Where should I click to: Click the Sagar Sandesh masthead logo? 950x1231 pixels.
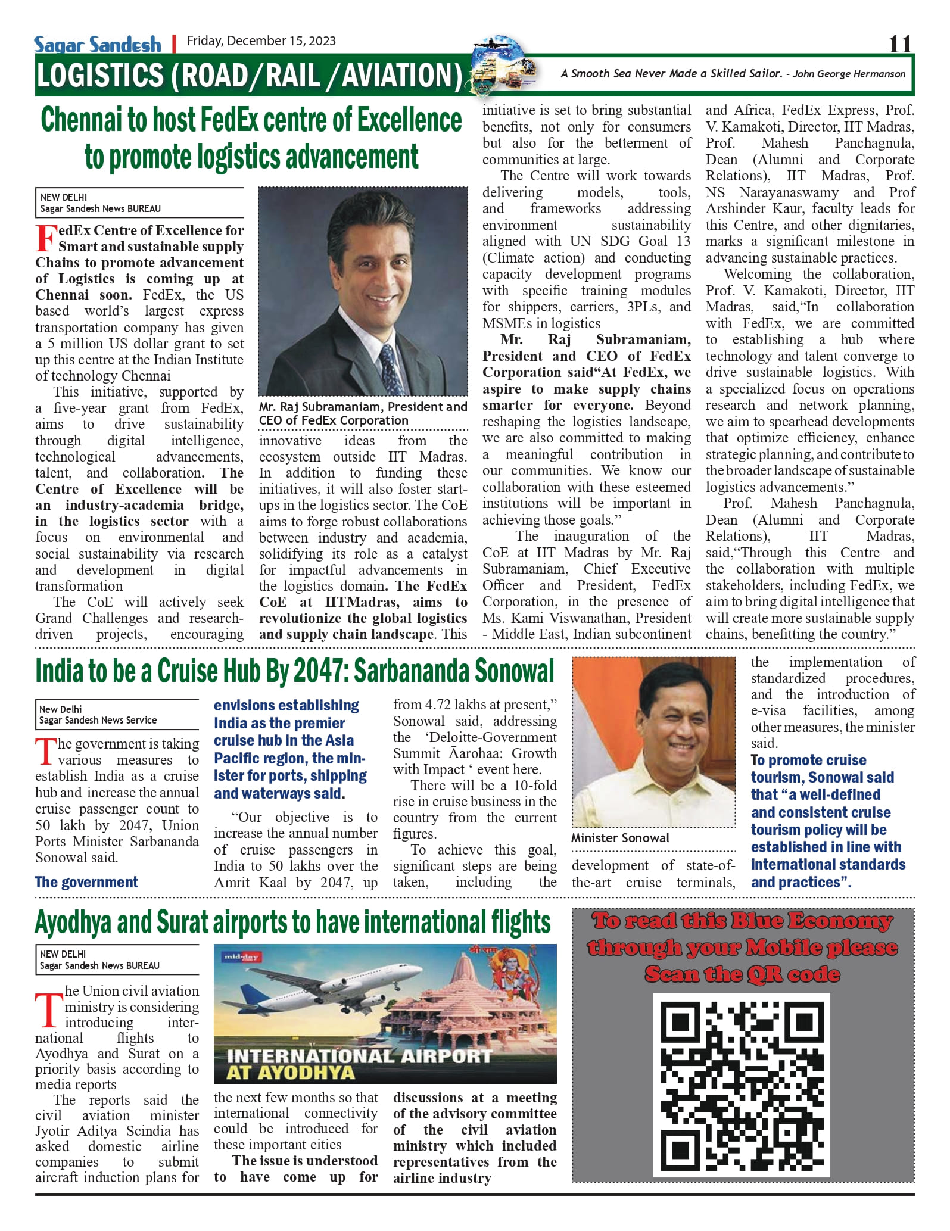tap(97, 44)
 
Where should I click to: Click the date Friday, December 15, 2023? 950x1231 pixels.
tap(261, 41)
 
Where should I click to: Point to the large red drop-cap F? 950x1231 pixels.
tap(46, 238)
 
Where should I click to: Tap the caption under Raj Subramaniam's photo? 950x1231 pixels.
tap(363, 413)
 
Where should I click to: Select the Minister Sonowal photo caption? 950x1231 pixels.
tap(620, 837)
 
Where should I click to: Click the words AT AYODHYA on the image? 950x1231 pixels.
tap(290, 1074)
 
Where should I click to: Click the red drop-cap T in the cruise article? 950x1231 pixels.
tap(45, 752)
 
